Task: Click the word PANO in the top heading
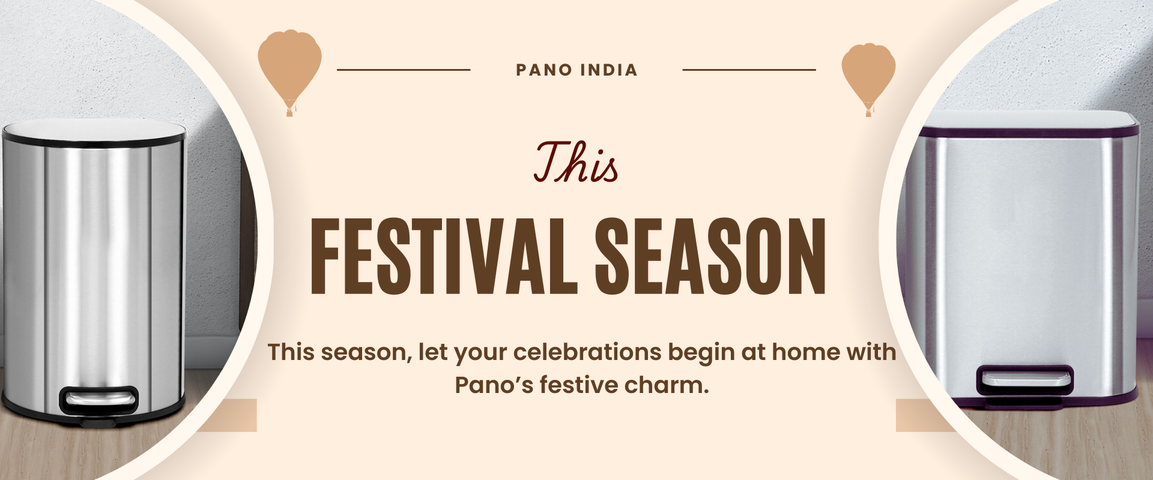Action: (544, 70)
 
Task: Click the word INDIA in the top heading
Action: (609, 70)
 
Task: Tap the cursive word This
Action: (576, 162)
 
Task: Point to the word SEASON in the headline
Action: (710, 257)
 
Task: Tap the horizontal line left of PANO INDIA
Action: (404, 70)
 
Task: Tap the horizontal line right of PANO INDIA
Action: (749, 70)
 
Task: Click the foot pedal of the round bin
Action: (99, 399)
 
